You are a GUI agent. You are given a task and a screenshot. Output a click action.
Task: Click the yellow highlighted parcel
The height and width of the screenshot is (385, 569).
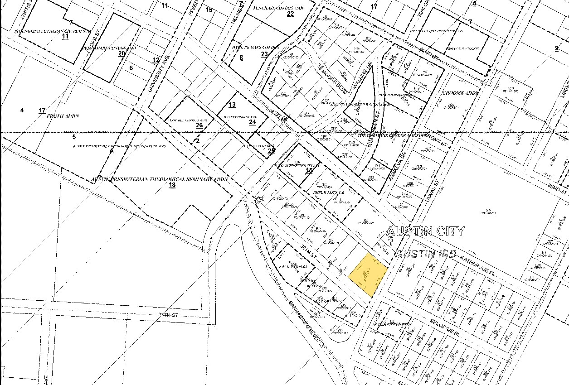pyautogui.click(x=368, y=274)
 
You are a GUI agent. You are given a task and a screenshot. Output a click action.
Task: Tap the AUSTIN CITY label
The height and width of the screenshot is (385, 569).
pyautogui.click(x=425, y=231)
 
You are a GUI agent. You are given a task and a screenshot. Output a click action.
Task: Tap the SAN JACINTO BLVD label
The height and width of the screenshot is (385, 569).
pyautogui.click(x=305, y=321)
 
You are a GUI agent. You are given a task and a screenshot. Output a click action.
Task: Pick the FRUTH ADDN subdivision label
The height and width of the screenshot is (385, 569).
pyautogui.click(x=63, y=116)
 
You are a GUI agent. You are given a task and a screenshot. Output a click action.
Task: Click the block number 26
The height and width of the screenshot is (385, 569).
pyautogui.click(x=199, y=125)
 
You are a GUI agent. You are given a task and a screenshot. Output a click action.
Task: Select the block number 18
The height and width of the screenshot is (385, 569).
pyautogui.click(x=172, y=185)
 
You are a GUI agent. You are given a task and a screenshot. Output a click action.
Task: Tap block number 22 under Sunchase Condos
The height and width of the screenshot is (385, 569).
pyautogui.click(x=291, y=14)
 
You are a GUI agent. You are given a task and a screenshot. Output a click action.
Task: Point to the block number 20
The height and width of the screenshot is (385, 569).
pyautogui.click(x=122, y=53)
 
